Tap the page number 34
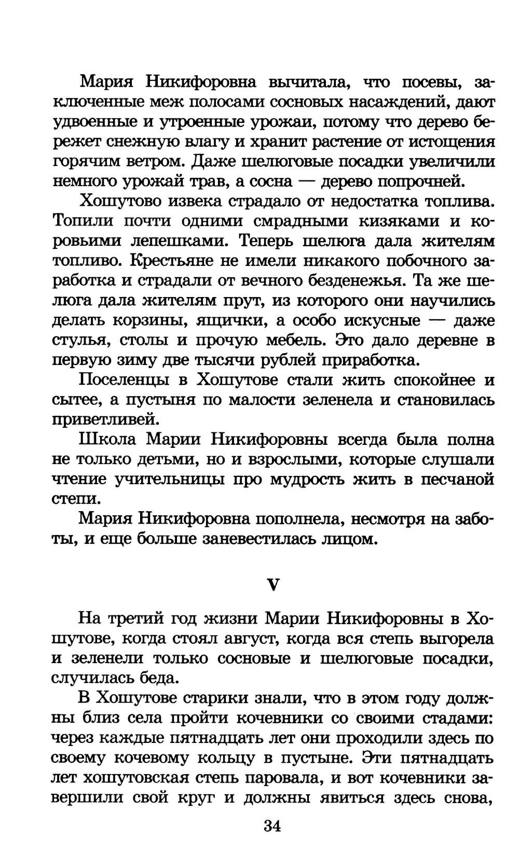click(x=272, y=826)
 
